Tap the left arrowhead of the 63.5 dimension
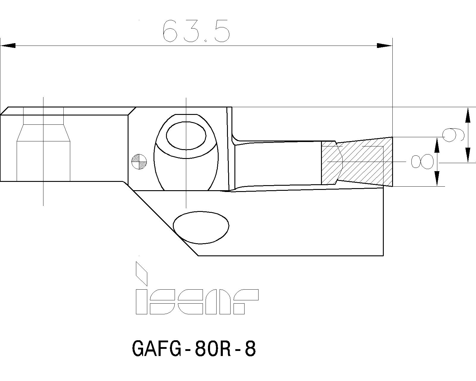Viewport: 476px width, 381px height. pos(8,46)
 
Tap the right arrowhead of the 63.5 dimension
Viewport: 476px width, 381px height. pos(385,46)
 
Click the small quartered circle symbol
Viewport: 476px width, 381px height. pos(139,162)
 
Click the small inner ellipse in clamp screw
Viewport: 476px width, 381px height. pos(186,136)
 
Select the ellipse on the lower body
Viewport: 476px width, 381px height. pos(201,227)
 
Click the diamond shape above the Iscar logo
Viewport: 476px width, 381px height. pos(142,273)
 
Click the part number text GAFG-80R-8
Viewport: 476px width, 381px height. pos(193,349)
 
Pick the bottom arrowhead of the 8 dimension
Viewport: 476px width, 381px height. pos(437,179)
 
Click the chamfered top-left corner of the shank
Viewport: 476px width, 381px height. pos(4,111)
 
